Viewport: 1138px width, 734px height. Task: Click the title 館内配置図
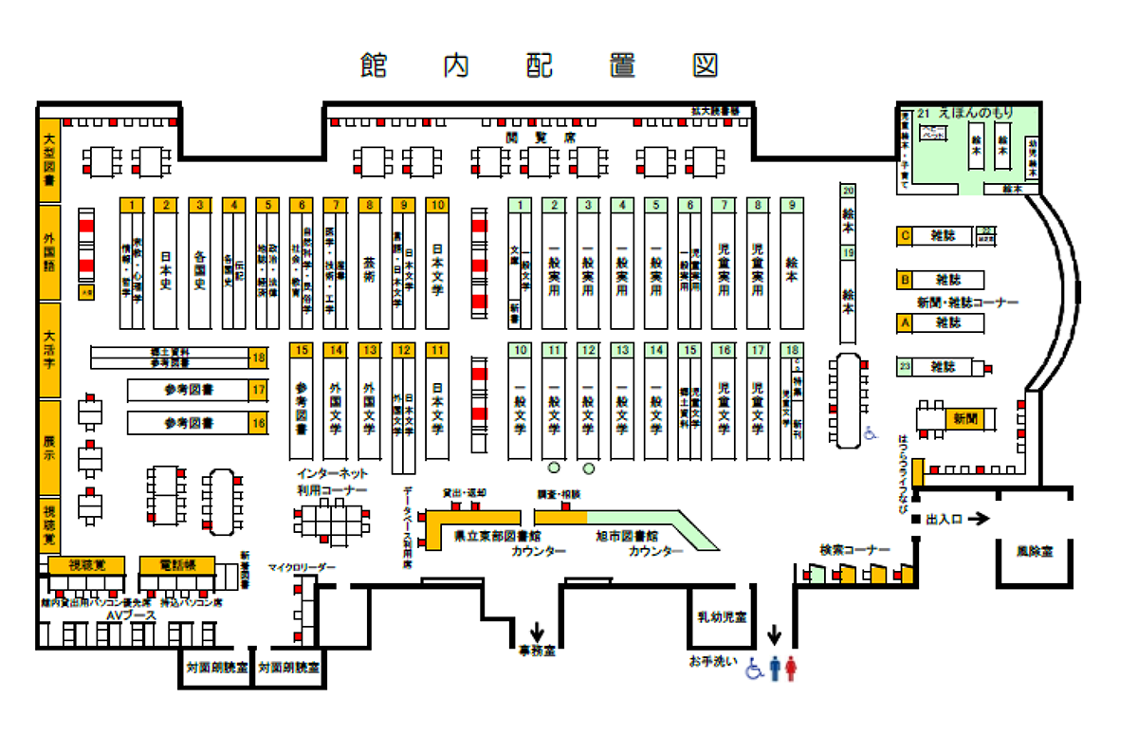(539, 65)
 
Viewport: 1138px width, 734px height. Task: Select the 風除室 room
(1035, 549)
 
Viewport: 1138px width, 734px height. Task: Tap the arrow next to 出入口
(979, 519)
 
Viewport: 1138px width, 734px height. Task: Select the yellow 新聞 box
(964, 418)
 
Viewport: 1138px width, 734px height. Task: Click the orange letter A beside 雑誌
(905, 323)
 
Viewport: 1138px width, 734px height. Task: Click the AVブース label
(122, 615)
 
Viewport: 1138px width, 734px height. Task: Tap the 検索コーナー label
(855, 549)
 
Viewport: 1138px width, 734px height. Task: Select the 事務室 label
(537, 651)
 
